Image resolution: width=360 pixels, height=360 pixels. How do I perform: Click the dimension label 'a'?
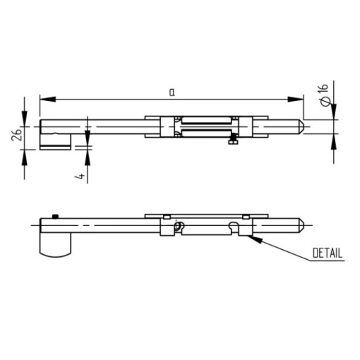point(172,92)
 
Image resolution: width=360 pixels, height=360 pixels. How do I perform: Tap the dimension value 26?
point(17,134)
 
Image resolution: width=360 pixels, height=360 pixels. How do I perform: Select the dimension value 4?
point(80,176)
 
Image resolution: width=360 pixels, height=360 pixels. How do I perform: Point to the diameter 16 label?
point(325,95)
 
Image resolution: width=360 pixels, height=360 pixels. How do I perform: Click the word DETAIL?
point(328,253)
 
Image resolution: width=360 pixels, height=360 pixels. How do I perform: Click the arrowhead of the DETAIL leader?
point(255,239)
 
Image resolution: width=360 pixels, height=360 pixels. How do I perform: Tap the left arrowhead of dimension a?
point(48,100)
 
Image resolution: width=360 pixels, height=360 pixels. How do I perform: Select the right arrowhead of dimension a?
point(296,100)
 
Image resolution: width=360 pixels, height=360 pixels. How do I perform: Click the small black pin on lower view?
point(55,217)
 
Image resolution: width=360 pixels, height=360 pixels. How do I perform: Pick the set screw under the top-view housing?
point(233,139)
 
